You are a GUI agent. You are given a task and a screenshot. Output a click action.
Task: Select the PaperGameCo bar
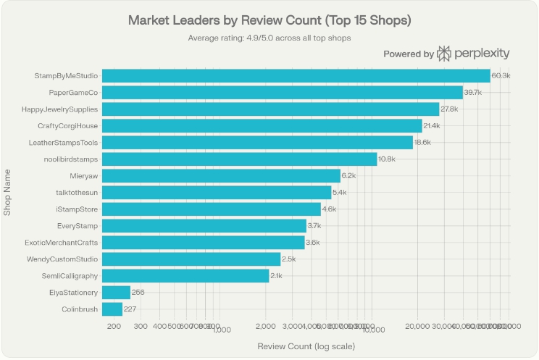(283, 92)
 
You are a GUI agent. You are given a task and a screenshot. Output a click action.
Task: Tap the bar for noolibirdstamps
(239, 159)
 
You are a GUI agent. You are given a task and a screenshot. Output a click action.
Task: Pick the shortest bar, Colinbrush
(112, 309)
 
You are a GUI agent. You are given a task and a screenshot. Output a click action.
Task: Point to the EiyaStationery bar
(116, 293)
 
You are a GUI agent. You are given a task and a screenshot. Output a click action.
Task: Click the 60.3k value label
(501, 75)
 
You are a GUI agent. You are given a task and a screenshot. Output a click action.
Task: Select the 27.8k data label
(449, 109)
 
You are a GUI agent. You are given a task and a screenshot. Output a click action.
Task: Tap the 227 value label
(130, 309)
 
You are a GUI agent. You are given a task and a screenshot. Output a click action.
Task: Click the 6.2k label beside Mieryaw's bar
(348, 176)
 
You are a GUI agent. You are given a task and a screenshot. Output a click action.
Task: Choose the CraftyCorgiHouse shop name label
(67, 125)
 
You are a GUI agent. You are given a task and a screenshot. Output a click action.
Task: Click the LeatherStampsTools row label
(64, 142)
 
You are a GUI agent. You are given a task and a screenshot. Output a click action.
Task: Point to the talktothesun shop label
(77, 193)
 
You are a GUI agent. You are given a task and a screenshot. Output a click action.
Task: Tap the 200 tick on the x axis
(114, 327)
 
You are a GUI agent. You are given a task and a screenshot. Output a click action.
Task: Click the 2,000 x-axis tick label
(265, 327)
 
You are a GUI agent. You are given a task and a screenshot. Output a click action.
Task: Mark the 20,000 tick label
(419, 327)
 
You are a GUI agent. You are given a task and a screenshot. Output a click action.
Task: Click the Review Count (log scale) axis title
(306, 346)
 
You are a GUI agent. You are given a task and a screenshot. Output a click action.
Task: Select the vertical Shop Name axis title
(8, 192)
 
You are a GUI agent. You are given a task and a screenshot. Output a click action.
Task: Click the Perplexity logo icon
(444, 54)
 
